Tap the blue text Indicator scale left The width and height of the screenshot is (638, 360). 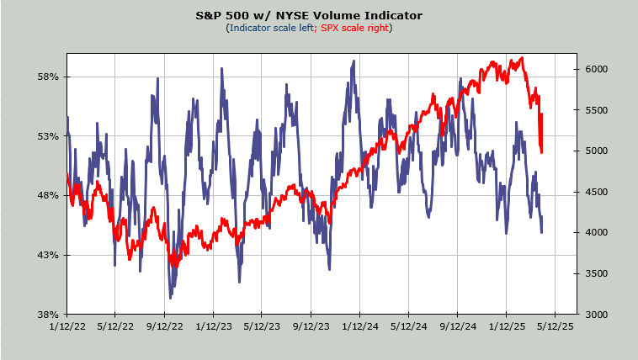tap(269, 28)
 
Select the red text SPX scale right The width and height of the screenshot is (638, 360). tap(354, 28)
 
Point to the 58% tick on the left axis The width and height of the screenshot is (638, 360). tap(48, 77)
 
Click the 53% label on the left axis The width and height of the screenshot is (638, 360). tap(48, 136)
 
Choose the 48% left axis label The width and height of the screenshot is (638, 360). tap(48, 195)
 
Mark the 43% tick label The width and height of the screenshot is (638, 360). tap(48, 255)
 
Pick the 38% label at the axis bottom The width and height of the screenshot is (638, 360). tap(48, 315)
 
